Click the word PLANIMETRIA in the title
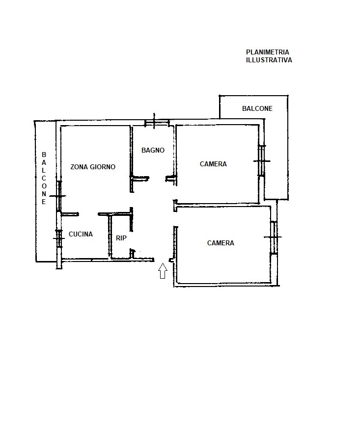[267, 52]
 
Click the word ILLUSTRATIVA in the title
[269, 60]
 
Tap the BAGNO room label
[153, 150]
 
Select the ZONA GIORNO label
[93, 167]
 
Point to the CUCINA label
[81, 234]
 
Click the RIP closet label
[121, 238]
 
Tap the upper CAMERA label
[213, 164]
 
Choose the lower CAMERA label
[221, 243]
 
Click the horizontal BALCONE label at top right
[257, 108]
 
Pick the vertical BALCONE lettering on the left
[44, 179]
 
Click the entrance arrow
[163, 271]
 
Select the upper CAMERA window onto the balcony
[262, 161]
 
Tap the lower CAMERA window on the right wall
[273, 237]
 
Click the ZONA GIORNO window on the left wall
[58, 196]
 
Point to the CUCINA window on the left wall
[58, 239]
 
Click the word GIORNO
[102, 167]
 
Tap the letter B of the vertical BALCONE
[44, 155]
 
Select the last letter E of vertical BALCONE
[44, 202]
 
